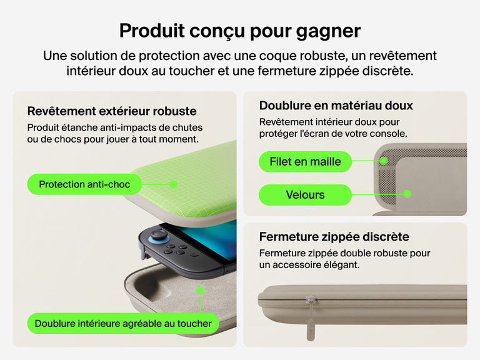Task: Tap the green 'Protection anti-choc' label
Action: point(84,184)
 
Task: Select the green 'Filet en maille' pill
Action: point(305,162)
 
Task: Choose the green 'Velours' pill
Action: point(305,195)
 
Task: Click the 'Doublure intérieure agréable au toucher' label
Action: point(123,324)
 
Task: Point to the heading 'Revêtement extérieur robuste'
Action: point(112,112)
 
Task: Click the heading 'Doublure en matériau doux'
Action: point(336,106)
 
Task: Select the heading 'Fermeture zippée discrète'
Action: point(334,237)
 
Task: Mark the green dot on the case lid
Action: point(174,184)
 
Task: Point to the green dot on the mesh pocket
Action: point(383,161)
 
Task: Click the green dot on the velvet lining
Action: point(407,194)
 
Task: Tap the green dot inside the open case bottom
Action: point(200,291)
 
